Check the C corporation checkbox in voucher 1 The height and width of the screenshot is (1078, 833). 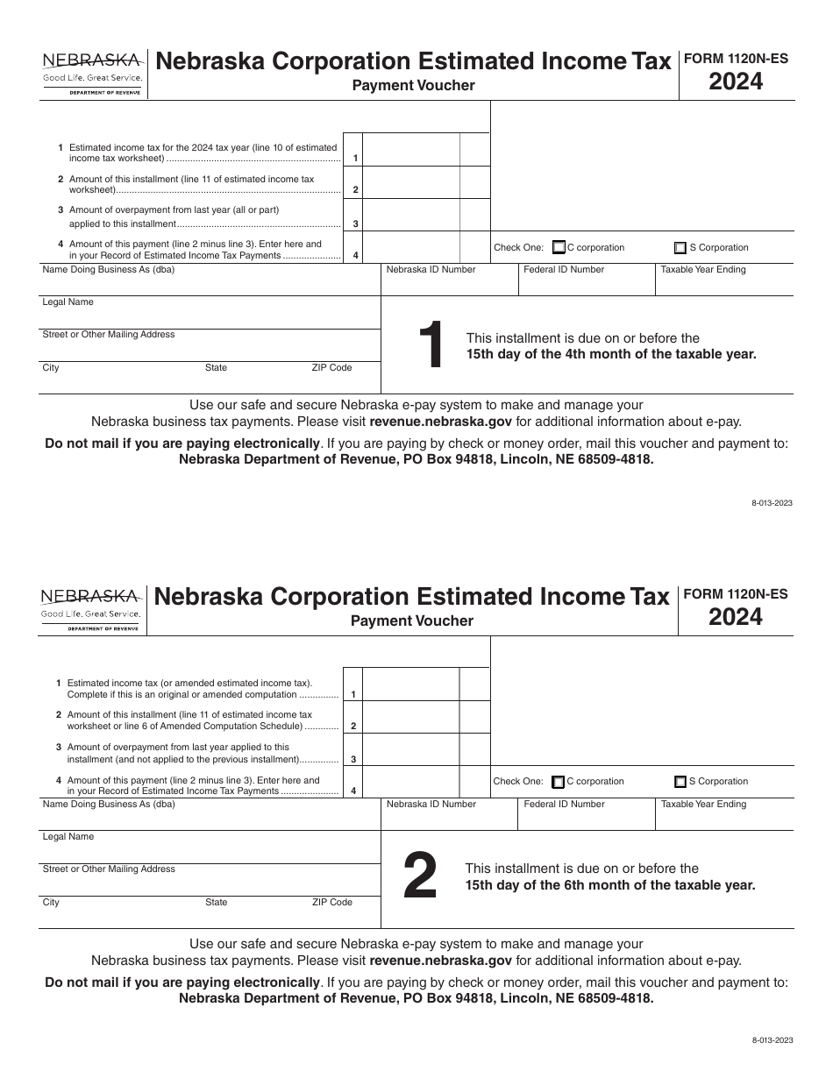pyautogui.click(x=559, y=247)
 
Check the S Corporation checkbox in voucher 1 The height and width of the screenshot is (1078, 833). pyautogui.click(x=680, y=247)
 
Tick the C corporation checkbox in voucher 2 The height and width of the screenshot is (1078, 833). pyautogui.click(x=559, y=782)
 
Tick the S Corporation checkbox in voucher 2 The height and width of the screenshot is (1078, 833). pyautogui.click(x=680, y=782)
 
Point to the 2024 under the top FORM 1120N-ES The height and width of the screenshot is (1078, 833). pyautogui.click(x=736, y=82)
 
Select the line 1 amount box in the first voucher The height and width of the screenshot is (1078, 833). pyautogui.click(x=411, y=149)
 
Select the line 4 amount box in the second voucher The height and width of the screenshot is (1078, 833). pyautogui.click(x=411, y=781)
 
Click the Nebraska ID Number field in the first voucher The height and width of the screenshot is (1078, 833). pyautogui.click(x=449, y=283)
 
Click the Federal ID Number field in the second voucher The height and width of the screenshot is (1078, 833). pyautogui.click(x=586, y=818)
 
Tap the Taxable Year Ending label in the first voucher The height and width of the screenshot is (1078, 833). pyautogui.click(x=703, y=270)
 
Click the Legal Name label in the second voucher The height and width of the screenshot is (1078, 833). pyautogui.click(x=68, y=836)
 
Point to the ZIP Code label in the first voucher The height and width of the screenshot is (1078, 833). pyautogui.click(x=331, y=368)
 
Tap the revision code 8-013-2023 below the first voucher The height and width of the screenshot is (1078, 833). pyautogui.click(x=772, y=503)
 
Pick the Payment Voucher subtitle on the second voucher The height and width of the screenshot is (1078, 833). pyautogui.click(x=412, y=621)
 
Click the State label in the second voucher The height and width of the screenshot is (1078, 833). pyautogui.click(x=216, y=902)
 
